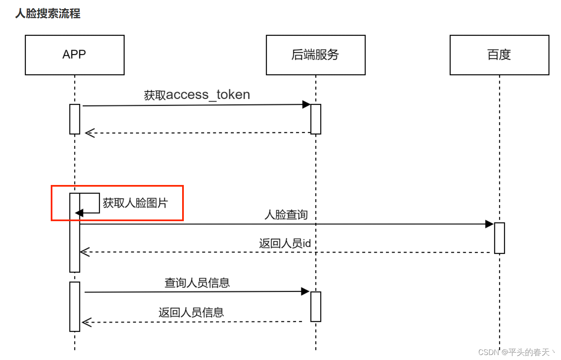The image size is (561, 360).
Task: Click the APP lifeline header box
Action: click(x=74, y=55)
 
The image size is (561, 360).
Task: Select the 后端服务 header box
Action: click(x=316, y=55)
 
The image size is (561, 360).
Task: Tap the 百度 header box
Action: click(x=499, y=55)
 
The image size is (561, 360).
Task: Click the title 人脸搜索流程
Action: click(x=48, y=14)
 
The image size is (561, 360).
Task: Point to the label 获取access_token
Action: click(x=197, y=95)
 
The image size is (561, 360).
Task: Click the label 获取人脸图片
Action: click(x=135, y=203)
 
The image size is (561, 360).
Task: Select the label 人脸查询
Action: click(x=286, y=215)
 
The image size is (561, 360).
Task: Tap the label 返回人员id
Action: click(x=285, y=243)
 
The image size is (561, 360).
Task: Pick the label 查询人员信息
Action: click(x=197, y=283)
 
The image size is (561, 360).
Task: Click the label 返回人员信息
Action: click(x=191, y=312)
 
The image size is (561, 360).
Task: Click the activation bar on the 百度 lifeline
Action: click(x=499, y=238)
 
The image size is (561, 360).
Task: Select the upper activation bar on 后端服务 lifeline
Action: click(x=316, y=119)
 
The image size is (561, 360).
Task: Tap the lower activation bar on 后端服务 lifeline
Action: click(x=316, y=306)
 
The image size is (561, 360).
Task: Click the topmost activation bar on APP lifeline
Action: click(x=74, y=119)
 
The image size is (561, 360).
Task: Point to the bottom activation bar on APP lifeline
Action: click(x=74, y=306)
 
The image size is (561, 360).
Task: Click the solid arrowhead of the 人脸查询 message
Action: click(x=489, y=224)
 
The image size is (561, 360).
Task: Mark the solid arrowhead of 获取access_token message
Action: click(x=306, y=104)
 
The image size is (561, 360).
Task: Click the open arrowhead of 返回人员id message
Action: click(x=84, y=252)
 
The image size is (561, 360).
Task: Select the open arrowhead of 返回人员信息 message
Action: click(x=86, y=322)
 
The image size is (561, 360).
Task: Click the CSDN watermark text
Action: click(x=517, y=353)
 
